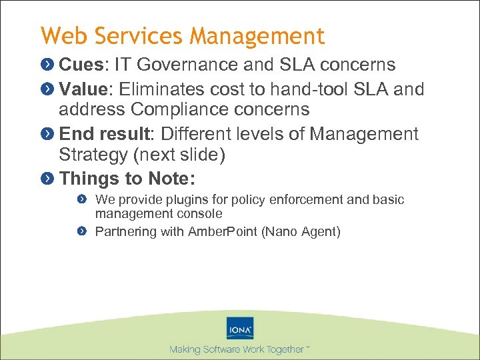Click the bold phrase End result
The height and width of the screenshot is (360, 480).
coord(106,133)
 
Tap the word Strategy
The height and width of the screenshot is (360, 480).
coord(93,155)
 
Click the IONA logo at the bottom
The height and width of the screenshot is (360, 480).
coord(240,329)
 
